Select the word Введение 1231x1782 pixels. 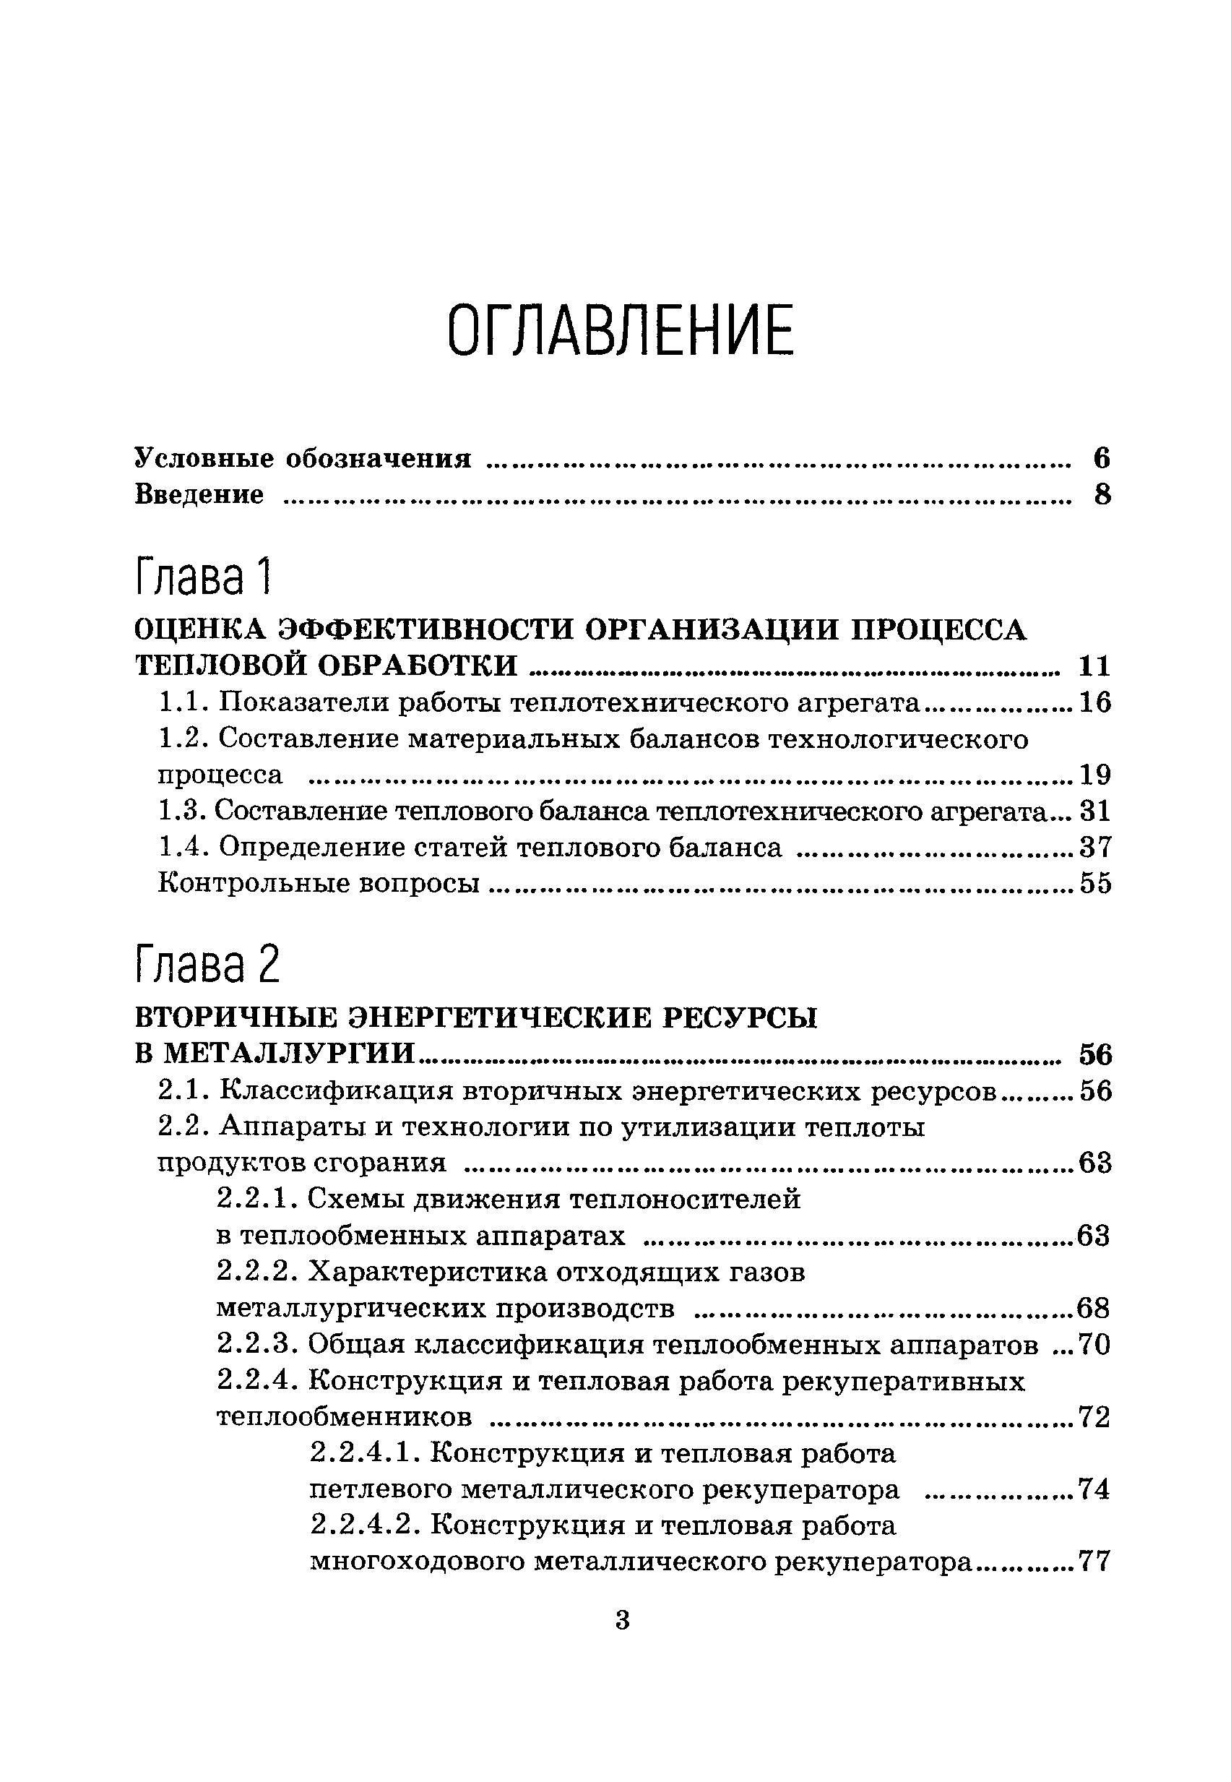click(x=199, y=494)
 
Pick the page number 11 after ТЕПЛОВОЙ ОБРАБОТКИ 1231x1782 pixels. click(x=1094, y=666)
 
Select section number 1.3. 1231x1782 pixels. click(x=181, y=811)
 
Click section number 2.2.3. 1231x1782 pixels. click(x=257, y=1346)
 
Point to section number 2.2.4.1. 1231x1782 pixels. click(x=364, y=1454)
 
